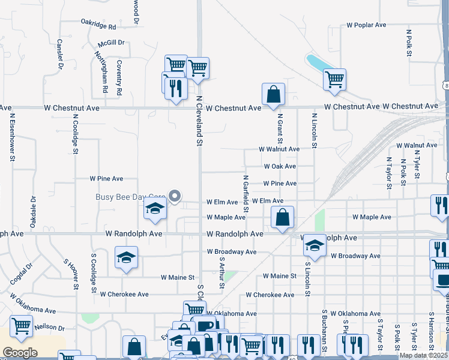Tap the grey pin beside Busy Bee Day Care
[x=175, y=196]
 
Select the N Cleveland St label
[x=199, y=120]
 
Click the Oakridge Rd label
[x=98, y=25]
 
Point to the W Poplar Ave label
[x=366, y=25]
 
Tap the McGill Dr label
[x=111, y=43]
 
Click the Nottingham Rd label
[x=101, y=71]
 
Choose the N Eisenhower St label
[x=11, y=138]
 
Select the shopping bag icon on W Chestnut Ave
[x=273, y=95]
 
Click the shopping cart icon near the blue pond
[x=334, y=79]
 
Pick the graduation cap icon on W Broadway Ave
[x=314, y=244]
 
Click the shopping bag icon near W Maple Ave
[x=282, y=217]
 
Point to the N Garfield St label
[x=246, y=193]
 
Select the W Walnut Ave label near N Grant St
[x=279, y=149]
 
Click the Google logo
[x=20, y=353]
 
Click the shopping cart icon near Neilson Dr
[x=21, y=326]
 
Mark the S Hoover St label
[x=71, y=274]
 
